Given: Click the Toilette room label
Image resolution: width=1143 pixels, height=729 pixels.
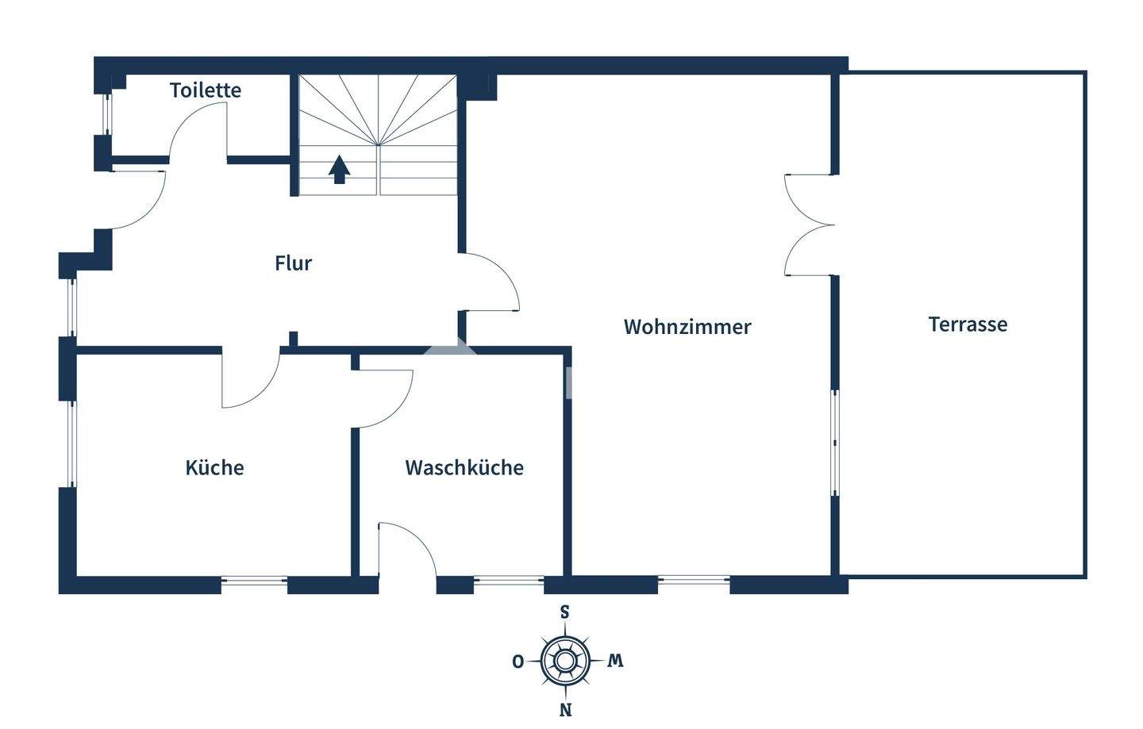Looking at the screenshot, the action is click(206, 90).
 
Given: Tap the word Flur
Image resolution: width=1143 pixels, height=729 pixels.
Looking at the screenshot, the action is click(293, 263).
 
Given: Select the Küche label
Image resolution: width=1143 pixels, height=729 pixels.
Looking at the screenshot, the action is click(214, 468).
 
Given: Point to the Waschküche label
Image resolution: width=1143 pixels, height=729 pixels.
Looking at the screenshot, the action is click(464, 468).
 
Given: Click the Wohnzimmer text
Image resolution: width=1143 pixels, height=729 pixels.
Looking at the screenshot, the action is click(687, 327).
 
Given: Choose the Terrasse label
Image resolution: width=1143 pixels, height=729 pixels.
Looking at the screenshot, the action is click(968, 324).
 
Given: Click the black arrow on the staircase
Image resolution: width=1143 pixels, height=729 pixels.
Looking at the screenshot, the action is click(340, 169).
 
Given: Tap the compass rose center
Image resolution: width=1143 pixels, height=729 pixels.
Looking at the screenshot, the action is click(565, 660).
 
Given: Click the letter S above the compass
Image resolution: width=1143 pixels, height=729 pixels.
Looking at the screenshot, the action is click(565, 612).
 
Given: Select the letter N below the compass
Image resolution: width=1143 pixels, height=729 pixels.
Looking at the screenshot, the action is click(565, 710).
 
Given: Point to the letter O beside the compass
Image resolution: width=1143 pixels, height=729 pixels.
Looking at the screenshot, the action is click(518, 662).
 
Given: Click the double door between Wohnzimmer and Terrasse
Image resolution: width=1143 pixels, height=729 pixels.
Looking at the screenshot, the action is click(810, 225).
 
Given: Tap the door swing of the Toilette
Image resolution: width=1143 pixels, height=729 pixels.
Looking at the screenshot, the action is click(198, 131).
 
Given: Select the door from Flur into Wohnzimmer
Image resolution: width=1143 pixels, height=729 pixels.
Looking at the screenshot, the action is click(491, 282).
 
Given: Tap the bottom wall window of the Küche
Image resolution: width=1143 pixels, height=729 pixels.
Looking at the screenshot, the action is click(254, 581).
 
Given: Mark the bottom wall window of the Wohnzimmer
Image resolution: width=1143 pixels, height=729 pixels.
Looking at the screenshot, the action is click(694, 581).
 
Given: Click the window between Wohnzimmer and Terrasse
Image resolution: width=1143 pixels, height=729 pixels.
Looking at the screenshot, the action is click(834, 442).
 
